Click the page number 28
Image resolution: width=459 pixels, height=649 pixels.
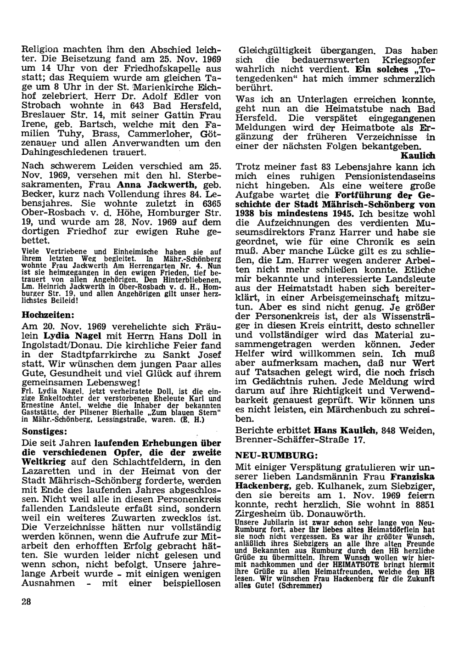click(25, 602)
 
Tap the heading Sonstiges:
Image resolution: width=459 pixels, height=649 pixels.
click(45, 432)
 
